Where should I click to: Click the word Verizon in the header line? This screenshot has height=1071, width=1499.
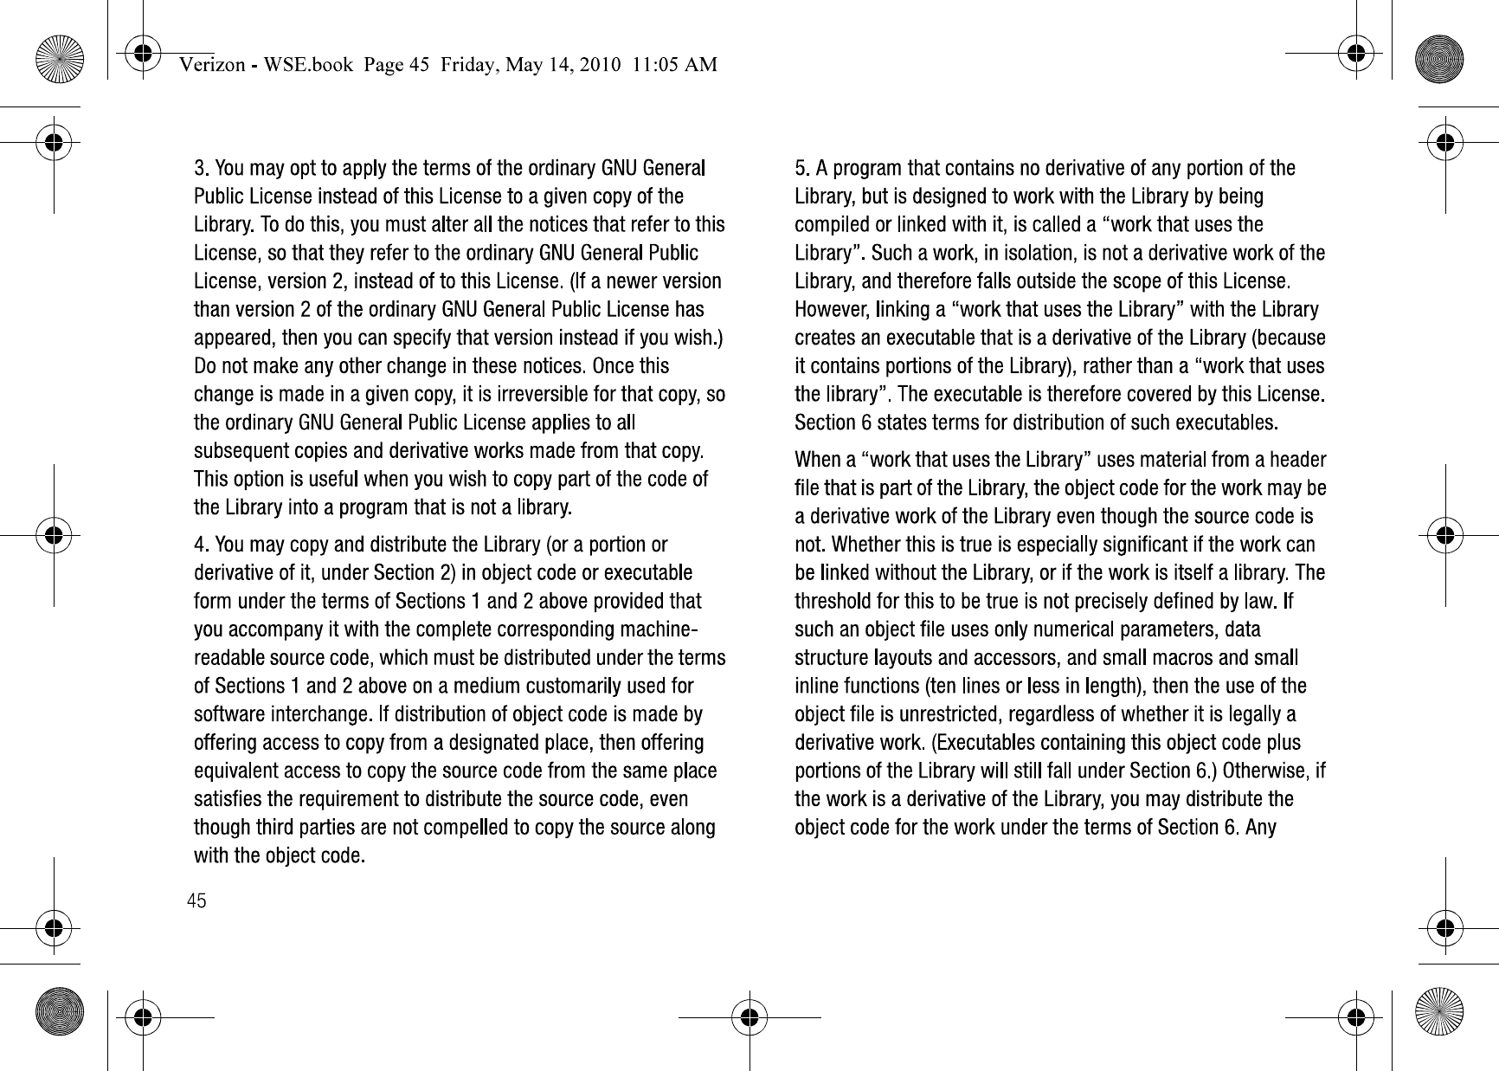[210, 65]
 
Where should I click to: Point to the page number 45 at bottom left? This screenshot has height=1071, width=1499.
[197, 902]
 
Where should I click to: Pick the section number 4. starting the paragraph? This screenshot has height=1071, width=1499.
[202, 545]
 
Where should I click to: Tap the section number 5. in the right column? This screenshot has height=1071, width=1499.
[803, 168]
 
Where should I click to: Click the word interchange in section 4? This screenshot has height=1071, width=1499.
[320, 715]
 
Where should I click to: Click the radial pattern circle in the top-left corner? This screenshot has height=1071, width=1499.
[60, 61]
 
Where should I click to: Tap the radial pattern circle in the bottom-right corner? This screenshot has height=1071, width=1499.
[1438, 1010]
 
